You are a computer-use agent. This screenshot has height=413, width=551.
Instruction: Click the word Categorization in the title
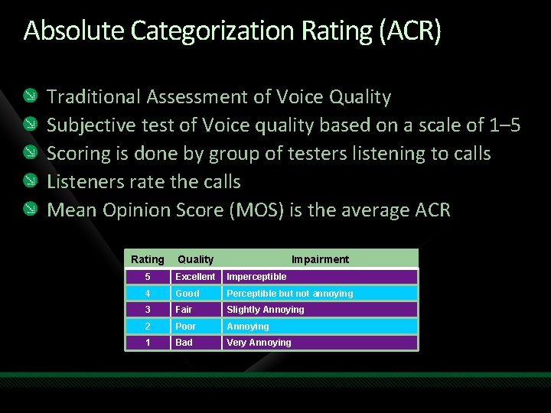(206, 31)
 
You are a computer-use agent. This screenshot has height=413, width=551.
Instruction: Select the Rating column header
(148, 259)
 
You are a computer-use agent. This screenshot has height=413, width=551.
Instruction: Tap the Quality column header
(196, 259)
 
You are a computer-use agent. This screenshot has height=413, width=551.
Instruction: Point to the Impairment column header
(320, 259)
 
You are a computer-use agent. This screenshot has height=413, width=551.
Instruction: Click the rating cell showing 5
(148, 277)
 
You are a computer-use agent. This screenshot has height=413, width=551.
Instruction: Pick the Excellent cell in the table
(195, 277)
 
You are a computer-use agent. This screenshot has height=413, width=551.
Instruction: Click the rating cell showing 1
(148, 343)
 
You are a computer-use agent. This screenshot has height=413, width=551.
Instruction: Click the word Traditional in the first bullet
(93, 97)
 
